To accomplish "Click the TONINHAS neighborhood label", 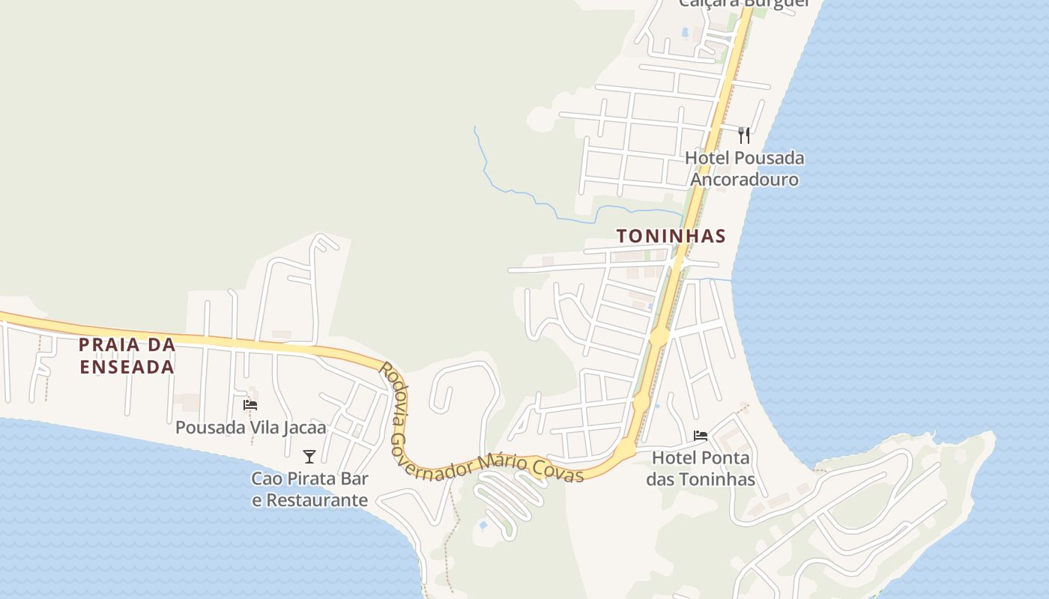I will [671, 237].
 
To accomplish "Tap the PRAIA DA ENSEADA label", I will [127, 356].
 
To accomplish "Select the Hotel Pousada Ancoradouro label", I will [744, 168].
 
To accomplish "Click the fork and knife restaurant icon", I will [744, 136].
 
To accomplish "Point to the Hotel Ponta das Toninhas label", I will [701, 468].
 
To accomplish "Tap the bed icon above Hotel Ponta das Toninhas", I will [701, 436].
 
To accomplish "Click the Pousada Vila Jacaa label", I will [251, 428].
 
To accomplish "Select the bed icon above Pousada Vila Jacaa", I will [250, 405].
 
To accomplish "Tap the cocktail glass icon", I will [309, 457].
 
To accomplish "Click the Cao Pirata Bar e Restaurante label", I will [309, 489].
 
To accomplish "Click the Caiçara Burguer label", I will [744, 3].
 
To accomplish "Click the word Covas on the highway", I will [557, 470].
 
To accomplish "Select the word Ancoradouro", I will [744, 180].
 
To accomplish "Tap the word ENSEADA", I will [127, 367].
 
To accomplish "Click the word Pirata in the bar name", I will [315, 478].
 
